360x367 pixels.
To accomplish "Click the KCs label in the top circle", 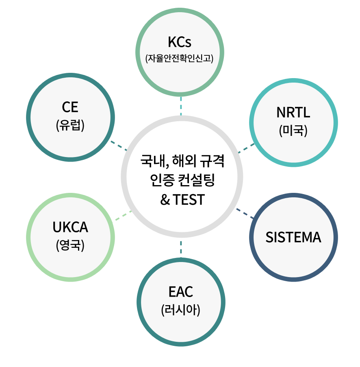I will point(179,42).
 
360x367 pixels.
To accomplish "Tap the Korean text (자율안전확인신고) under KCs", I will point(179,58).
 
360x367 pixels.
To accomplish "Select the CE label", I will point(70,107).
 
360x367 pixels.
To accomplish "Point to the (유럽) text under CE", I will point(70,125).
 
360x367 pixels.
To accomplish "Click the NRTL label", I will point(293,113).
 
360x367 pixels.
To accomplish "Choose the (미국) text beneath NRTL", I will point(293,130).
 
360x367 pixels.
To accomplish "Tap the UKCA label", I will point(70,227).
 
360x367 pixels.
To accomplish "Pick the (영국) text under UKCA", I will point(70,245).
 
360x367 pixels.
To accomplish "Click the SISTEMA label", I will point(293,237).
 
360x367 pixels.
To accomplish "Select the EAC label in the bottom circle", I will point(180,292).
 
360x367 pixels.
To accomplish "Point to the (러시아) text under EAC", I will point(180,310).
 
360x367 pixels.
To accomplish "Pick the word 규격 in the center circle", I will point(212,160).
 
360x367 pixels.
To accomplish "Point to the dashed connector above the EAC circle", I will point(180,247).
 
